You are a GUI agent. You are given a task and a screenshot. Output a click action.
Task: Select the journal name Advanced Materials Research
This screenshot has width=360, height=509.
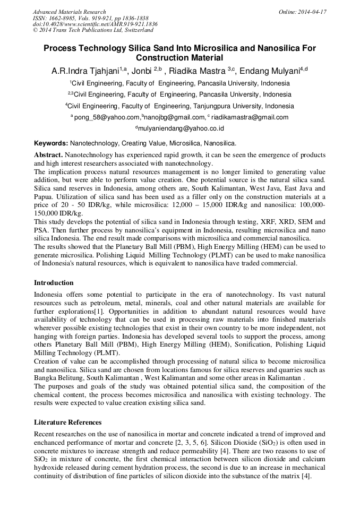pyautogui.click(x=69, y=12)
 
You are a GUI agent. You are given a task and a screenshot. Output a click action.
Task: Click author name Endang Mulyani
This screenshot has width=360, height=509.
pyautogui.click(x=273, y=71)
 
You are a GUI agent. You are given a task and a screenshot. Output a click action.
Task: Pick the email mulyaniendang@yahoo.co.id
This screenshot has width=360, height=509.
pyautogui.click(x=181, y=128)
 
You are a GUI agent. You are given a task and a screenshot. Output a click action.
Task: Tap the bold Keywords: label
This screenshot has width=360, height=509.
pyautogui.click(x=51, y=143)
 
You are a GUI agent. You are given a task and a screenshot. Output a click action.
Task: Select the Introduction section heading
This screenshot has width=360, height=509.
pyautogui.click(x=54, y=283)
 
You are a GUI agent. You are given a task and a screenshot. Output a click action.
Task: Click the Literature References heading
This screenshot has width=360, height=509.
pyautogui.click(x=67, y=422)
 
